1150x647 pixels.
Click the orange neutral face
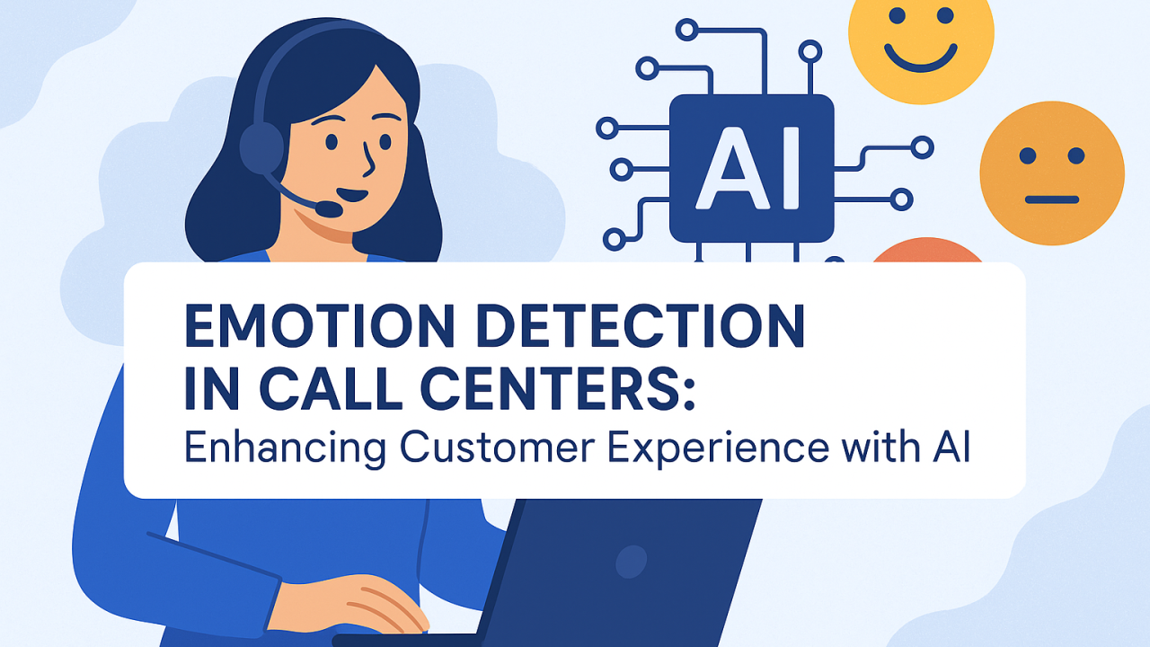click(x=1051, y=173)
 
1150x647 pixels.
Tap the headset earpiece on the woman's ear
click(x=261, y=149)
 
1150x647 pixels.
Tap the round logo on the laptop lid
click(x=631, y=562)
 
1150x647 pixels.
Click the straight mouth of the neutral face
click(x=1051, y=199)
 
